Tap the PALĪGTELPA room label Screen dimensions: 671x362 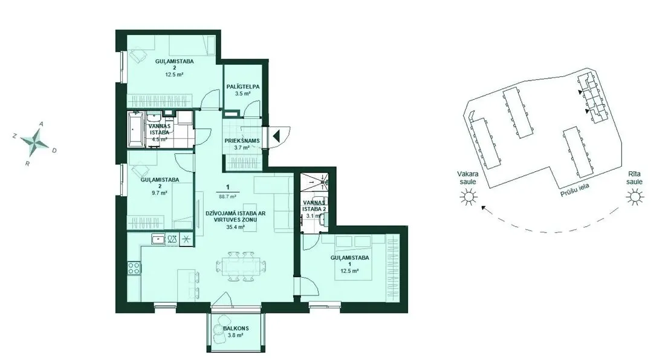pos(243,87)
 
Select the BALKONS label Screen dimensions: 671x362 pos(236,329)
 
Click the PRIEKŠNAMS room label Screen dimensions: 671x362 pos(242,140)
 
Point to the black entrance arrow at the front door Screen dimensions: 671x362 pos(276,137)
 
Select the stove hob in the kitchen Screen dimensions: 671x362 pos(134,268)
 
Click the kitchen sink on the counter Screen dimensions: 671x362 pos(158,239)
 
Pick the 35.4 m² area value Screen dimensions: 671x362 pos(235,227)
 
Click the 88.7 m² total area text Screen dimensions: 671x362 pos(228,197)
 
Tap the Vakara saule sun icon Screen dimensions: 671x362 pos(468,197)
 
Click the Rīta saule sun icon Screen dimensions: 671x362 pos(635,197)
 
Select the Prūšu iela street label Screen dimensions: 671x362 pos(575,190)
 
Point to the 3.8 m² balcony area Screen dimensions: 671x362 pos(235,335)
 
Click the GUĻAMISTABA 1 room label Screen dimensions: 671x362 pos(349,261)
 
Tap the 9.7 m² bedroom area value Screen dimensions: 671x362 pos(159,193)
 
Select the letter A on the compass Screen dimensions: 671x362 pos(42,124)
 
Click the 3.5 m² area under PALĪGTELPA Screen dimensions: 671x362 pos(242,93)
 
